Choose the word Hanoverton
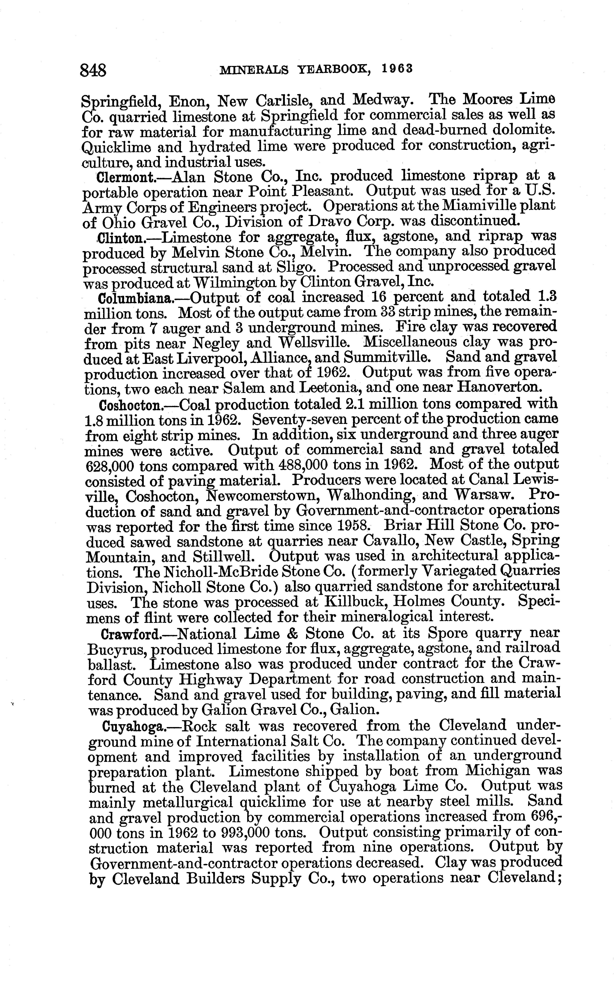tap(499, 387)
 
